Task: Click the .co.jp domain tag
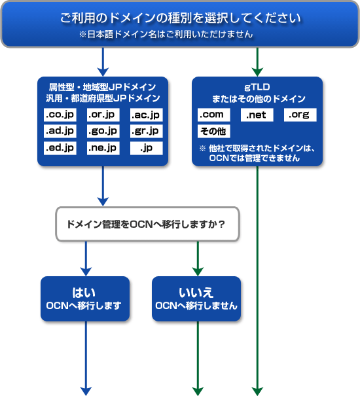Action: [x=60, y=115]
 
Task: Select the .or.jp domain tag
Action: [x=103, y=115]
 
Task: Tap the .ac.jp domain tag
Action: [x=146, y=115]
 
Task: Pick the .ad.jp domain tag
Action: [x=60, y=131]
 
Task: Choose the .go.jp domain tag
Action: [x=103, y=131]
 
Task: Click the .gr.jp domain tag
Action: [x=146, y=131]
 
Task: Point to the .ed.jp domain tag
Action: [x=60, y=148]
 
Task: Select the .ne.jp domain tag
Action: [x=103, y=148]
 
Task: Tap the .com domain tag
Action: [x=214, y=115]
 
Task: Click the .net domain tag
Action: [x=257, y=115]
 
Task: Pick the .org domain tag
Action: [x=300, y=115]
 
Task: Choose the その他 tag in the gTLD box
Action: [x=214, y=131]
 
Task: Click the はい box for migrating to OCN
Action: [x=85, y=298]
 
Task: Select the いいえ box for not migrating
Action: [x=196, y=298]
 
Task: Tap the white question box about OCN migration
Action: [x=147, y=224]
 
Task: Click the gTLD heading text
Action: [x=257, y=87]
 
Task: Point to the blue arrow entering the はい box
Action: [x=86, y=259]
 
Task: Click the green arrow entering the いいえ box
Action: [x=198, y=259]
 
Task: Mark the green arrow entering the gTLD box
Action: [x=257, y=62]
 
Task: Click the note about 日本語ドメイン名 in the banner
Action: [x=166, y=34]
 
